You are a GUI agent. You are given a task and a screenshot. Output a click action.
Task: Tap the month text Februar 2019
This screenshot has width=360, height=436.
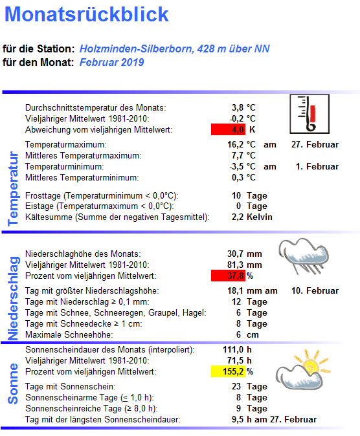[111, 62]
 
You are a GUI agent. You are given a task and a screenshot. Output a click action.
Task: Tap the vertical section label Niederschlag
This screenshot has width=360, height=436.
[14, 298]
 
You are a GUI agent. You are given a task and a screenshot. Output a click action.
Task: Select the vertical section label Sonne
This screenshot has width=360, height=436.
[14, 384]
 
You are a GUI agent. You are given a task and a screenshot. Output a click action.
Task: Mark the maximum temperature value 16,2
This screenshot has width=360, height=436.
[233, 145]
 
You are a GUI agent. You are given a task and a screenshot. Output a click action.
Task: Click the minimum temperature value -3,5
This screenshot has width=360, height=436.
[232, 167]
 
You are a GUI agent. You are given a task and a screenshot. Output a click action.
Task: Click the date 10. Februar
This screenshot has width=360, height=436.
[315, 291]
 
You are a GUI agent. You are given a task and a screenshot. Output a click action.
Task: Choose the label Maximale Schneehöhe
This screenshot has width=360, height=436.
[69, 335]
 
